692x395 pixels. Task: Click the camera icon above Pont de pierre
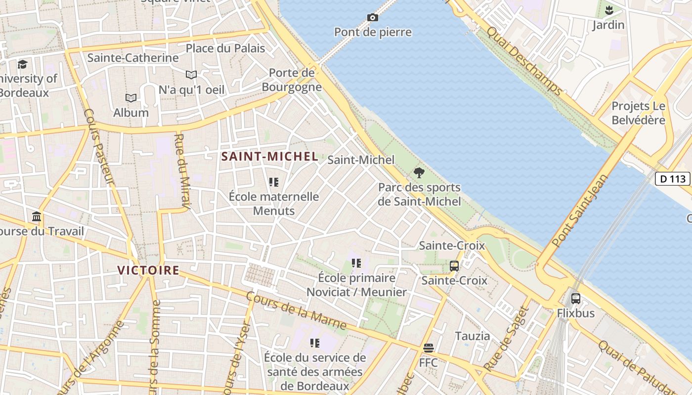pos(373,18)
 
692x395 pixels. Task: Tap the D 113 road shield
pos(673,179)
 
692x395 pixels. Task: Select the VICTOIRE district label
pos(148,270)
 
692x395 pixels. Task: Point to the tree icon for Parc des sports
pos(419,173)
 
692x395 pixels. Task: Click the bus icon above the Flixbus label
pos(576,298)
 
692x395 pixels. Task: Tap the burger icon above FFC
pos(428,348)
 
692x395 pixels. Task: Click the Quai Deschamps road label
pos(524,61)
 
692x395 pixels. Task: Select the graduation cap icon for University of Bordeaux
pos(22,64)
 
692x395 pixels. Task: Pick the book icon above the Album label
pos(131,98)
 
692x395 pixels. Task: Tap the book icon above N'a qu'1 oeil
pos(191,75)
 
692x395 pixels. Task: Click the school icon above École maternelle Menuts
pos(274,182)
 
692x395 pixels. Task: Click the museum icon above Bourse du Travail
pos(37,216)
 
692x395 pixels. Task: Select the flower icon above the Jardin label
pos(609,10)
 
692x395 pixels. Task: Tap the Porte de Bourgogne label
pos(292,80)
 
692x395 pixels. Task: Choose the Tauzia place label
pos(473,336)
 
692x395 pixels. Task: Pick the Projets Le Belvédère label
pos(639,113)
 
